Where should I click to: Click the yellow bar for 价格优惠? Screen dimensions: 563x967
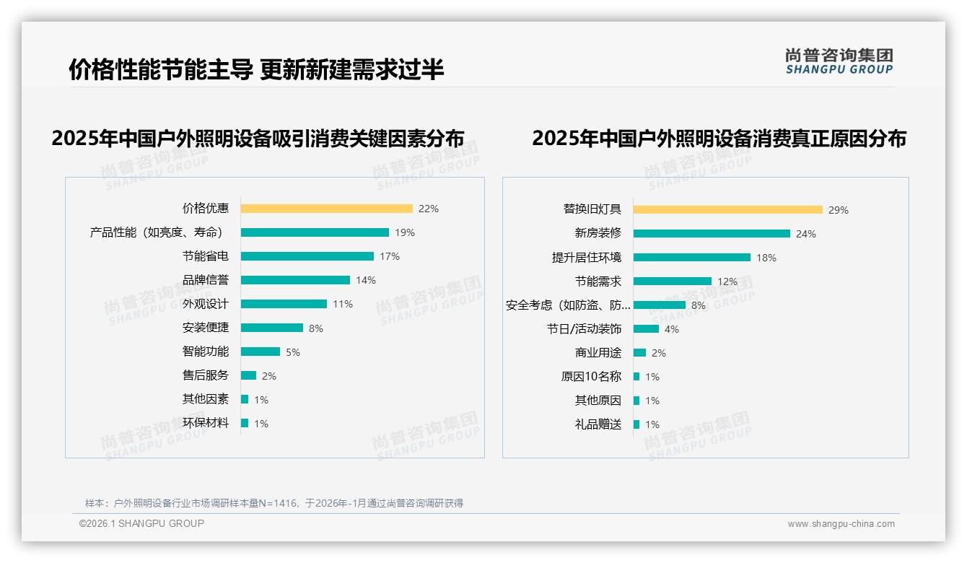click(326, 209)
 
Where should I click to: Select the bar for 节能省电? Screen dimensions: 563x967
click(307, 256)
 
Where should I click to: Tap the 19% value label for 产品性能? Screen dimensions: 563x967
click(404, 232)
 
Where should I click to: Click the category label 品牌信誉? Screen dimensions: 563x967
click(206, 280)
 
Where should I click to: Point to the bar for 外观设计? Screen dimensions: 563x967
click(284, 304)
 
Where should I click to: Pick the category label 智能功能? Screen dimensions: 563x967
click(206, 352)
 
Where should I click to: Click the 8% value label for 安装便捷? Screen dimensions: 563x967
click(316, 328)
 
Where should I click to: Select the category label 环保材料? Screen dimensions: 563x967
click(206, 423)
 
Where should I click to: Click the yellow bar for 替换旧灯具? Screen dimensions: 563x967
click(727, 210)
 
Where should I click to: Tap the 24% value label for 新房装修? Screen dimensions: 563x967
click(805, 234)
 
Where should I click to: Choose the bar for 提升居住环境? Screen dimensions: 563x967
click(691, 258)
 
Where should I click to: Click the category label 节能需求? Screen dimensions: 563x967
click(598, 281)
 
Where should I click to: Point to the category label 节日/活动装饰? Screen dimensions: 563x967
click(584, 329)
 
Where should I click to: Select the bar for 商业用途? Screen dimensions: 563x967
click(639, 353)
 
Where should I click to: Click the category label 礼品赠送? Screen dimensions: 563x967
click(598, 424)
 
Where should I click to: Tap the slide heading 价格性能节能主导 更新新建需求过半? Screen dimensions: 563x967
click(256, 69)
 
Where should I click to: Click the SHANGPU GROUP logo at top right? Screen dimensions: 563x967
click(839, 61)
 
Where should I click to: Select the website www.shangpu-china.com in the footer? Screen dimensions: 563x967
click(841, 524)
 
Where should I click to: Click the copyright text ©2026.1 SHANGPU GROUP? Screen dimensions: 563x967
click(141, 523)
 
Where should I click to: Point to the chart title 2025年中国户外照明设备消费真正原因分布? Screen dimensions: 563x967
click(719, 138)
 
